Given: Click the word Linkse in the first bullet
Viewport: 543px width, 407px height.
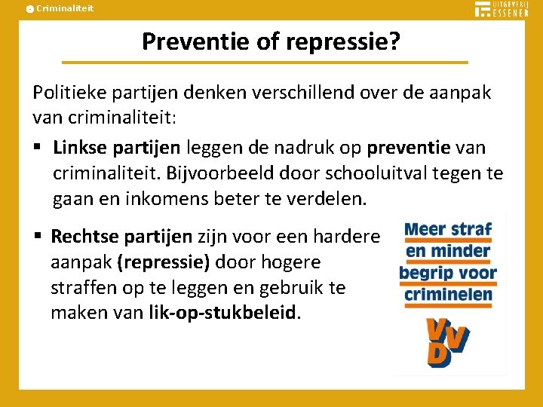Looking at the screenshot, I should [78, 146].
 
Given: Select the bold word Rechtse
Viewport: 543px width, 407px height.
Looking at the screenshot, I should [85, 237].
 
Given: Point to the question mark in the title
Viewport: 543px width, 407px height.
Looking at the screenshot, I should [394, 42].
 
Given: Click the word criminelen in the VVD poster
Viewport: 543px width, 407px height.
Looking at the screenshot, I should [448, 294].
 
